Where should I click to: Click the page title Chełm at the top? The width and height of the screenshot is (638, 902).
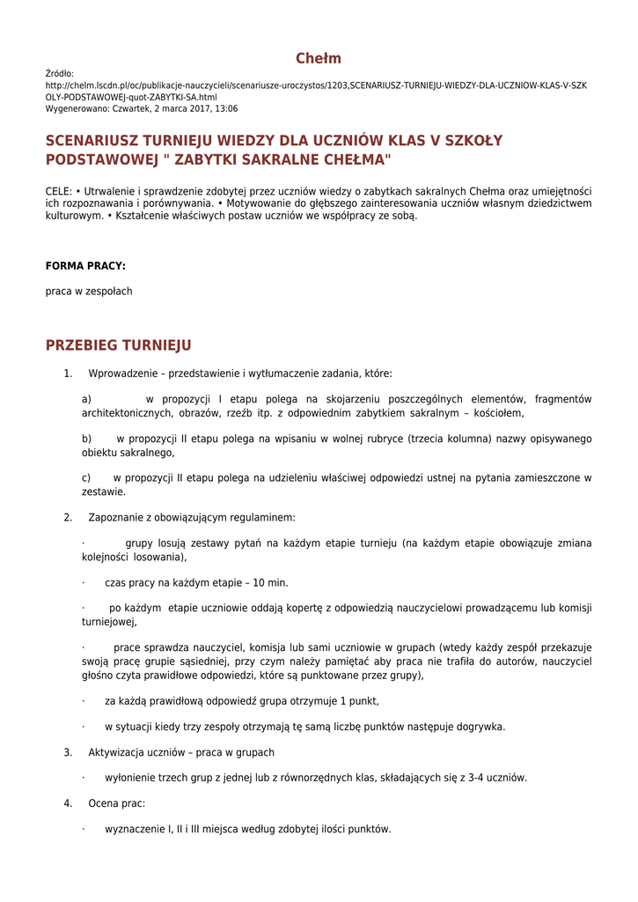pyautogui.click(x=318, y=59)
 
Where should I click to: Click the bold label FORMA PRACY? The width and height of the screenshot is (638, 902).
pyautogui.click(x=85, y=265)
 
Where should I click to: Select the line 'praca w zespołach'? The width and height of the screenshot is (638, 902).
pyautogui.click(x=89, y=291)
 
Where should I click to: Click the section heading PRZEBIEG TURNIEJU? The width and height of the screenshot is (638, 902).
pyautogui.click(x=118, y=345)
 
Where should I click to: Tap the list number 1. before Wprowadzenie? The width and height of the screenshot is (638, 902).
pyautogui.click(x=68, y=373)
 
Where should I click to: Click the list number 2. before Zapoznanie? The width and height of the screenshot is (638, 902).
pyautogui.click(x=68, y=517)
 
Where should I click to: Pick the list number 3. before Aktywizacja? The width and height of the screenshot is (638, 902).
pyautogui.click(x=68, y=752)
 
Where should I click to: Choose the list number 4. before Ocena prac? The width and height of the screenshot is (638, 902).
pyautogui.click(x=68, y=803)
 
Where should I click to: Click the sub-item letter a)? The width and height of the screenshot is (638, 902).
pyautogui.click(x=86, y=399)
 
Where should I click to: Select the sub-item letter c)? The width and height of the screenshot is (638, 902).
pyautogui.click(x=86, y=477)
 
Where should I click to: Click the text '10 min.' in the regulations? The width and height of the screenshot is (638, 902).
pyautogui.click(x=271, y=582)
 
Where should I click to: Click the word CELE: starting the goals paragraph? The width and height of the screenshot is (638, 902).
pyautogui.click(x=59, y=191)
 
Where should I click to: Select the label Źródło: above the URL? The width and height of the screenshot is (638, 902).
pyautogui.click(x=60, y=74)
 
